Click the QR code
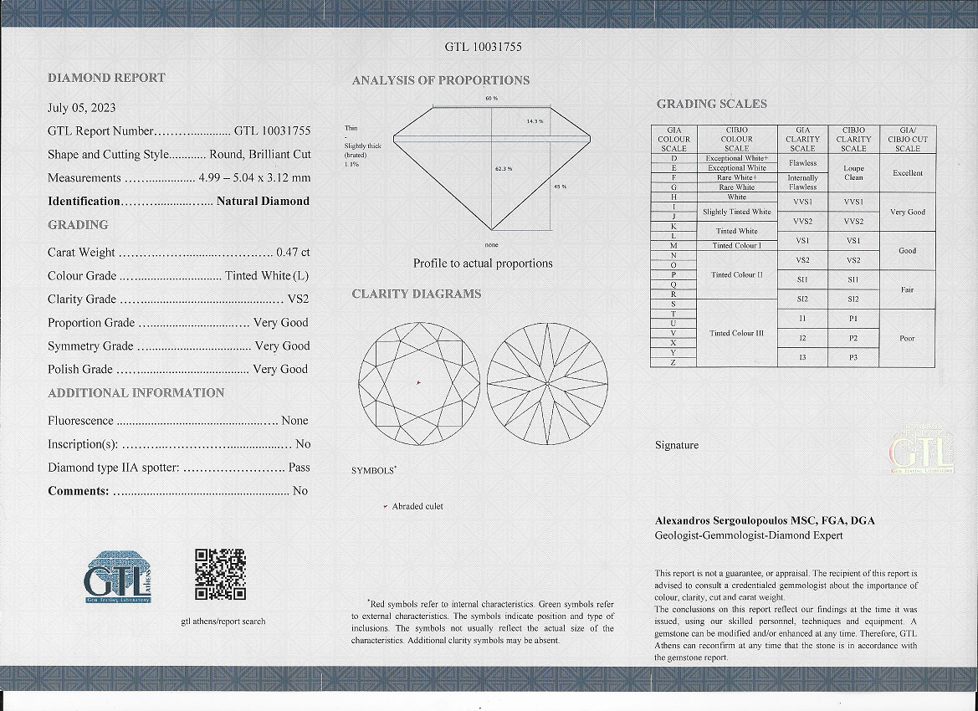220,574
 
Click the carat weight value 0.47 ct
293,252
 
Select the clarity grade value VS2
298,299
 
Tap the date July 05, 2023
82,108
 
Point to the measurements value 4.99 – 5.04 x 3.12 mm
254,178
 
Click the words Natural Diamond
263,202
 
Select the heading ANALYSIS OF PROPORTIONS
440,80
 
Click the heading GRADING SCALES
711,104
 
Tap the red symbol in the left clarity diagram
418,383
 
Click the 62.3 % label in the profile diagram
504,170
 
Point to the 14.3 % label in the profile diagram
535,122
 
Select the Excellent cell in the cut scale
908,173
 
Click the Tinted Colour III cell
736,333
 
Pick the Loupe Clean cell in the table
853,173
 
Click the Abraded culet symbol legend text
417,506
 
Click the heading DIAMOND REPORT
106,78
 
